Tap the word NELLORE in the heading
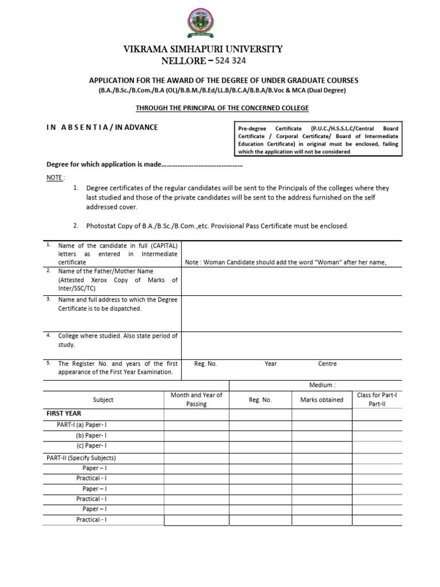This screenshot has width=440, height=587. click(x=184, y=61)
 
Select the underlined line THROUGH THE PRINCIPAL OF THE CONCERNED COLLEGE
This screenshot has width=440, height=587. click(x=222, y=108)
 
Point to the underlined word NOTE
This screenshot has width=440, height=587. click(x=54, y=178)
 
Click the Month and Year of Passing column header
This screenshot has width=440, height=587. click(x=197, y=400)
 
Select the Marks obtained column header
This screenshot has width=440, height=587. click(x=322, y=400)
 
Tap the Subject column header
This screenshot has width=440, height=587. click(x=103, y=400)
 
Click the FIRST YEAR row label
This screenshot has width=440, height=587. click(x=64, y=413)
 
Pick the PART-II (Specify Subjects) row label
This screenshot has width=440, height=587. click(x=81, y=458)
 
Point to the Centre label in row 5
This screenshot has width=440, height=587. click(x=327, y=364)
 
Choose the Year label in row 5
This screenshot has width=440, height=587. click(x=271, y=364)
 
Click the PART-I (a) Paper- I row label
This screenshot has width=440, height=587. click(x=82, y=425)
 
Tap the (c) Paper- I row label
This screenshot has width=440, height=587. click(x=92, y=445)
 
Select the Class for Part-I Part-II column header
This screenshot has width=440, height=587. click(x=376, y=400)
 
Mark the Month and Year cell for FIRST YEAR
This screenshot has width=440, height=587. click(x=197, y=414)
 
